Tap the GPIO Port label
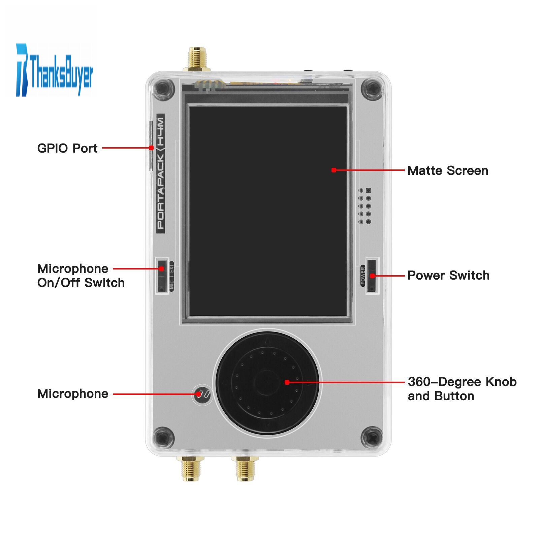coord(67,148)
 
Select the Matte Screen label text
coord(448,170)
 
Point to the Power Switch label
coord(448,275)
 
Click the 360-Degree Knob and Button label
coord(462,389)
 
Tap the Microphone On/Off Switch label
coord(81,276)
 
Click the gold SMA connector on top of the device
coord(197,59)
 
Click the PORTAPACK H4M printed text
coord(161,173)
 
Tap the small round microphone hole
coord(202,394)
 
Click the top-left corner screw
coord(163,89)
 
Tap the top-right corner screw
coord(372,89)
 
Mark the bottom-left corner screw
coord(163,438)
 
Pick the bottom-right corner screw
coord(372,438)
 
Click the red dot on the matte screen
coord(334,170)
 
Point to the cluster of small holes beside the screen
coord(364,206)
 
